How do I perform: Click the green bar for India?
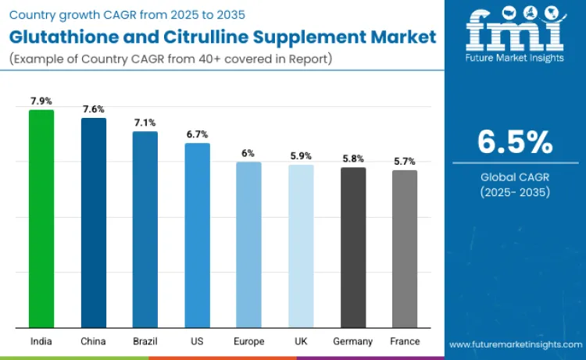pyautogui.click(x=41, y=219)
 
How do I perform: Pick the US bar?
pyautogui.click(x=197, y=235)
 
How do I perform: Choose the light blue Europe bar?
pyautogui.click(x=248, y=244)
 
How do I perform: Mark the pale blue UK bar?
pyautogui.click(x=301, y=245)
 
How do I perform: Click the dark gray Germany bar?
pyautogui.click(x=353, y=247)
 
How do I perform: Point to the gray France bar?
pyautogui.click(x=405, y=248)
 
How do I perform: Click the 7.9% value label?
pyautogui.click(x=41, y=101)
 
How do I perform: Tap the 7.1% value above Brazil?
pyautogui.click(x=145, y=123)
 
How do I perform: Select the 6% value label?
pyautogui.click(x=248, y=153)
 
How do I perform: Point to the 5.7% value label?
pyautogui.click(x=405, y=161)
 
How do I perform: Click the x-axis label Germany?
pyautogui.click(x=353, y=341)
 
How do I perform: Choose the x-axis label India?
pyautogui.click(x=41, y=341)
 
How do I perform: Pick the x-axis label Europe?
pyautogui.click(x=248, y=341)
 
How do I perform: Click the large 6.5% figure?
pyautogui.click(x=515, y=142)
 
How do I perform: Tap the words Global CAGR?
pyautogui.click(x=515, y=177)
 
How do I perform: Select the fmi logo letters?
pyautogui.click(x=515, y=27)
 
